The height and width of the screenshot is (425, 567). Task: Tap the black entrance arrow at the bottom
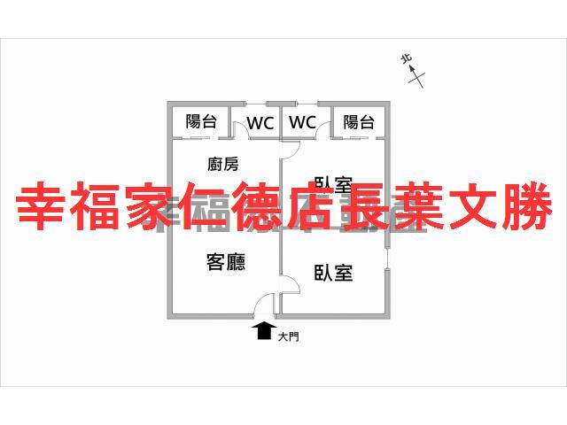(x=263, y=330)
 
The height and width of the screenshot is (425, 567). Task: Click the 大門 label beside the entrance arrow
(x=288, y=336)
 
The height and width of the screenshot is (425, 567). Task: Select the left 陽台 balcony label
(x=200, y=122)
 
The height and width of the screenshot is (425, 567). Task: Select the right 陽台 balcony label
(x=358, y=122)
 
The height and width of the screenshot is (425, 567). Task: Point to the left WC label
(x=260, y=123)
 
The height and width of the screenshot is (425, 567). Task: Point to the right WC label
(x=303, y=123)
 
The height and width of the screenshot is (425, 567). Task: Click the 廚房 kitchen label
(x=222, y=164)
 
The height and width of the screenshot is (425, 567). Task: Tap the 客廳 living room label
(x=225, y=262)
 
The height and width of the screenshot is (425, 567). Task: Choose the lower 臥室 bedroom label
(x=333, y=273)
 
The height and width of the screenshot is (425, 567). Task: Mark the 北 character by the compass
(x=407, y=59)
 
